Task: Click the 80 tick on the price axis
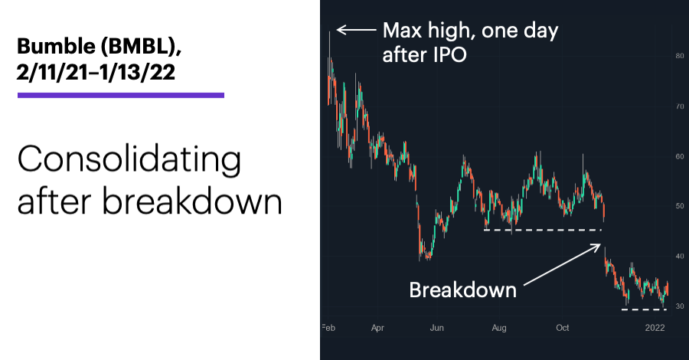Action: [x=679, y=56]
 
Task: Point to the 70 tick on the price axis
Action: [x=679, y=106]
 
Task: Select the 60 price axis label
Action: [x=679, y=156]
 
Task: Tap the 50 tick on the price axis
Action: [x=679, y=206]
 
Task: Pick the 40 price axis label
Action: [x=679, y=257]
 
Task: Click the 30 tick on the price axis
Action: [x=679, y=306]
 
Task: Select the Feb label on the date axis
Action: [x=328, y=328]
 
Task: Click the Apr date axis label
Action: [x=377, y=328]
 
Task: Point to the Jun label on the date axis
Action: [x=436, y=328]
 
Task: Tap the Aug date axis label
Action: [x=499, y=328]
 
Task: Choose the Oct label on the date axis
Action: [x=563, y=328]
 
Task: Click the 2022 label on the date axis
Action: [x=655, y=328]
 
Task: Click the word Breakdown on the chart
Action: [x=462, y=290]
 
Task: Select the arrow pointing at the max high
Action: [x=356, y=30]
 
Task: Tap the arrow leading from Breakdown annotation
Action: [x=562, y=264]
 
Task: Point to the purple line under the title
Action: [x=121, y=95]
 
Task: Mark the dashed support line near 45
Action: [x=542, y=230]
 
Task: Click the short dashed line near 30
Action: [x=644, y=309]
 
